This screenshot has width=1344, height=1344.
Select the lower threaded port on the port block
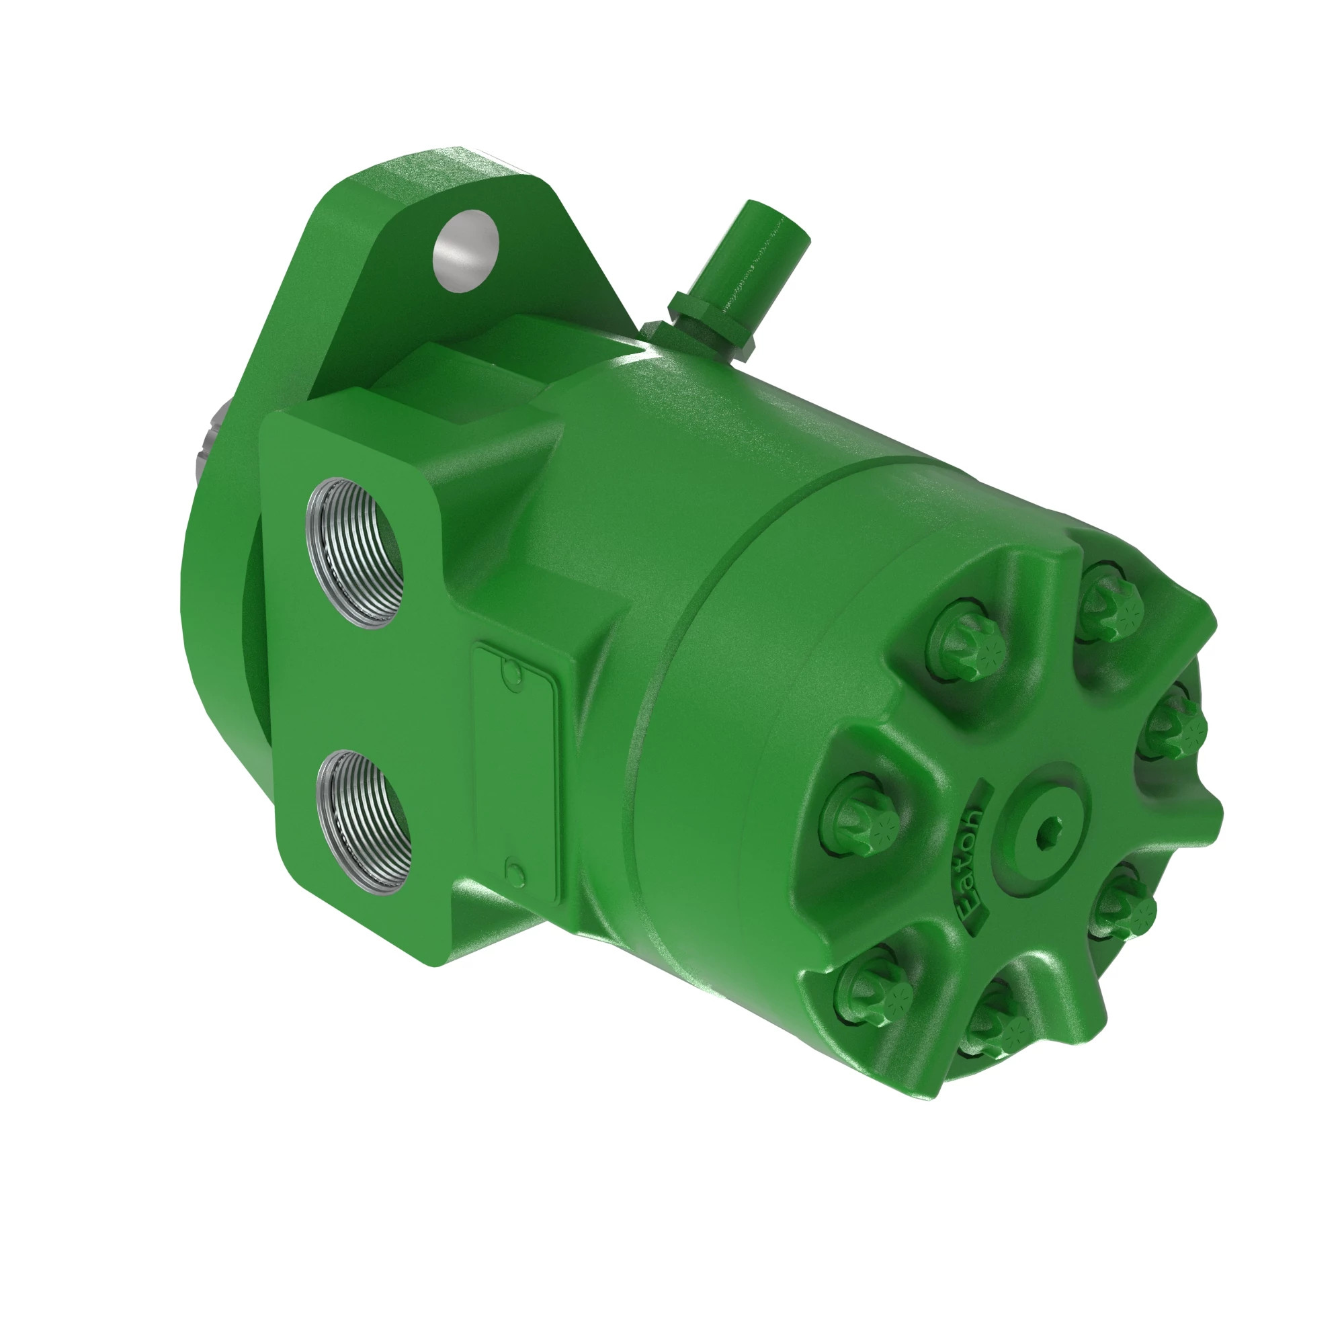click(363, 823)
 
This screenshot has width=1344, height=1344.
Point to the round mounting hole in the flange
click(466, 251)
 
